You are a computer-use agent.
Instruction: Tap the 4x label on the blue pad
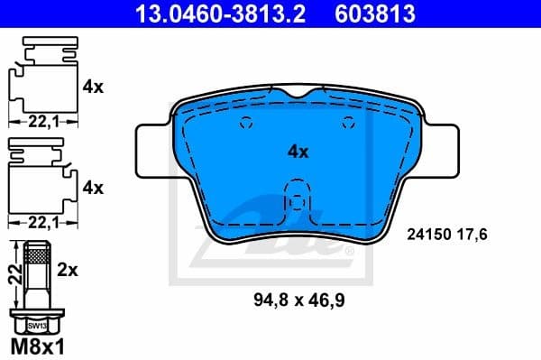coord(297,152)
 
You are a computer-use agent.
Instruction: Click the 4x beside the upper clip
coord(93,88)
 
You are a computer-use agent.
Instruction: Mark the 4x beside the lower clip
coord(93,188)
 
